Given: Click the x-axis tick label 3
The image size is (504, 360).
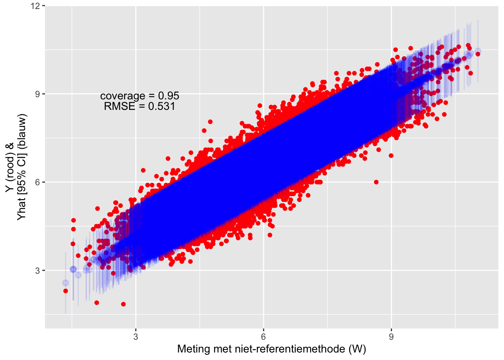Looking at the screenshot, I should [135, 337].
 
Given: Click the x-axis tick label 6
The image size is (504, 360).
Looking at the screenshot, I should [263, 337].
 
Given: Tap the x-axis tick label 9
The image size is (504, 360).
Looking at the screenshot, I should [391, 337].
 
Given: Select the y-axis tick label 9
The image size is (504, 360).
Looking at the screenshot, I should [37, 94].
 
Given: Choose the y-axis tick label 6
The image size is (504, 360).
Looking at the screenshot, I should [37, 182].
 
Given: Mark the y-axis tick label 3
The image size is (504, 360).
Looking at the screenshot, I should [37, 270].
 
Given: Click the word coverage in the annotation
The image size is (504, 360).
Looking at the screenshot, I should [123, 96].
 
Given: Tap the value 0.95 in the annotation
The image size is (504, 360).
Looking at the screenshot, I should [168, 96].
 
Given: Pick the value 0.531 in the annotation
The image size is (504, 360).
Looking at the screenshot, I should [162, 106].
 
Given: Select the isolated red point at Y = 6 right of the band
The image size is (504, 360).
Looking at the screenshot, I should [376, 182].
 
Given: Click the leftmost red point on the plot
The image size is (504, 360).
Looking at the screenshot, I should [66, 291].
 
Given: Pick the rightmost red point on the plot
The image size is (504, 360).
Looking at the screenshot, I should [478, 54].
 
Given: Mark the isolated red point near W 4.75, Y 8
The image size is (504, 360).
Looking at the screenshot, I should [210, 122].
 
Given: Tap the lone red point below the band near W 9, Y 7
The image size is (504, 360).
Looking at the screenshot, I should [391, 156].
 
